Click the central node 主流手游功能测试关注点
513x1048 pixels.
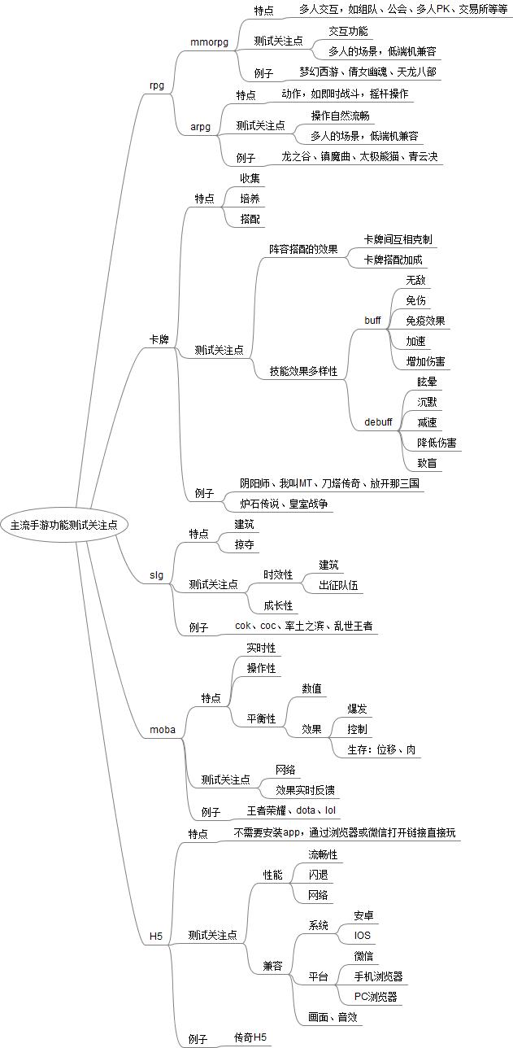(x=63, y=525)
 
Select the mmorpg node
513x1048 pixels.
(x=210, y=42)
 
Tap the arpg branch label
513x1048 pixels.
(x=200, y=126)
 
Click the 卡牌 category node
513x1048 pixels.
(x=159, y=339)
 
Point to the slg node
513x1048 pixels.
(x=156, y=574)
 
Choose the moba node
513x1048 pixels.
(x=163, y=729)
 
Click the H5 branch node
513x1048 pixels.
(x=156, y=937)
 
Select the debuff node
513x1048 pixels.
(x=378, y=421)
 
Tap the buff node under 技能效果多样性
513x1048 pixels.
(x=372, y=321)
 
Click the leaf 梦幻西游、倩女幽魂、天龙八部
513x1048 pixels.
(x=367, y=72)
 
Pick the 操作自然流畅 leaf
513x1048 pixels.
(x=340, y=116)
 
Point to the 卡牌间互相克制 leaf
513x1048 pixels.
(x=398, y=239)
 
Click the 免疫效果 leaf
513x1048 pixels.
(x=425, y=321)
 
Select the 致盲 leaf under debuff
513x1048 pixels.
(x=427, y=463)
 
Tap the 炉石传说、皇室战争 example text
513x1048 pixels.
(x=284, y=504)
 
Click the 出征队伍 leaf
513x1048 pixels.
(x=338, y=585)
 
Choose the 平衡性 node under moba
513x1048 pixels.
(x=261, y=718)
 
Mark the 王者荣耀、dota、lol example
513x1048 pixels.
(x=291, y=810)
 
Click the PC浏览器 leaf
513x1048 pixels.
(x=376, y=997)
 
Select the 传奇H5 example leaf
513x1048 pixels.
(x=250, y=1037)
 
